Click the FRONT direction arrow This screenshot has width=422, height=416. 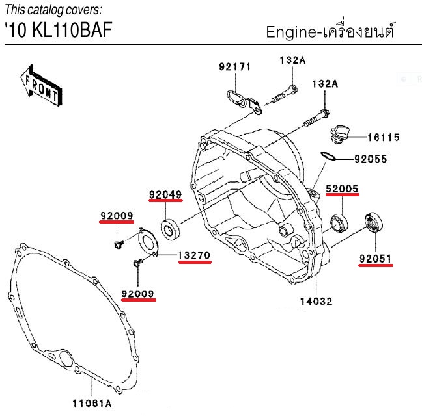[x=41, y=86]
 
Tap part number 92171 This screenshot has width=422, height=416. [x=234, y=66]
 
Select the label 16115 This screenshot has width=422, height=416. [x=383, y=138]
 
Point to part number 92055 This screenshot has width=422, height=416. [x=371, y=159]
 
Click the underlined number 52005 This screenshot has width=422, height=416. [x=342, y=188]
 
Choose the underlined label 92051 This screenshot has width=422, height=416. [x=375, y=259]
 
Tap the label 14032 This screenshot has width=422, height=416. [x=316, y=302]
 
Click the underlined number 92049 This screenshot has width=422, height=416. [x=165, y=195]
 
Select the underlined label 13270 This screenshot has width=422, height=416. [x=194, y=255]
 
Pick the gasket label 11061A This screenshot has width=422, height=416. [x=92, y=403]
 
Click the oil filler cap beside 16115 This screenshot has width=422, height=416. [x=339, y=135]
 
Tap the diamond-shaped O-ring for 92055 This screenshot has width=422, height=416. [x=328, y=156]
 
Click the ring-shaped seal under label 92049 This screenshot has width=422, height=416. [x=171, y=229]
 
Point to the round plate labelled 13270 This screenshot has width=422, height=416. [x=147, y=242]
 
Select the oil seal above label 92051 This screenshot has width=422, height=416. [x=374, y=222]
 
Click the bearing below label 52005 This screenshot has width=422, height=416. [x=339, y=223]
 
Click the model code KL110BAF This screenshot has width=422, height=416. [x=72, y=30]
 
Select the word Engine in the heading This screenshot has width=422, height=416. [x=290, y=32]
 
